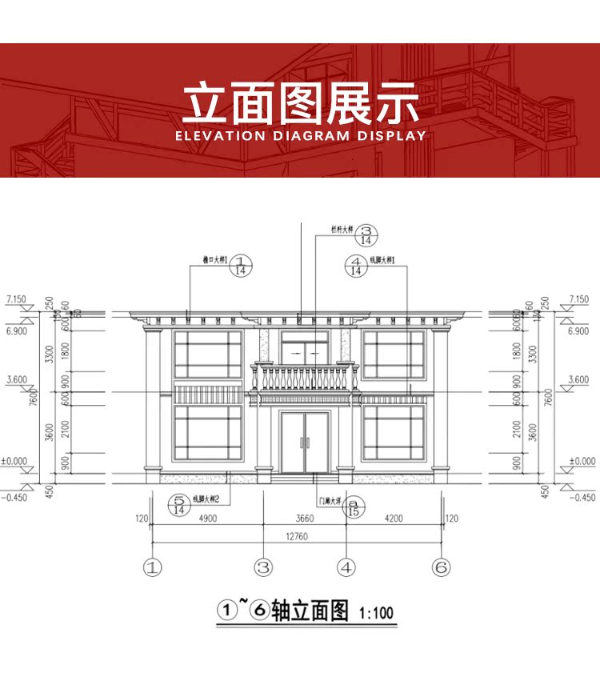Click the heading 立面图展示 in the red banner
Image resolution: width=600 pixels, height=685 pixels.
pos(300,102)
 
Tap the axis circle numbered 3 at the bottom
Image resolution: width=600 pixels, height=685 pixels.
pos(264,567)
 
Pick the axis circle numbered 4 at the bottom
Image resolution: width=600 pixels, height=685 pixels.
pos(346,567)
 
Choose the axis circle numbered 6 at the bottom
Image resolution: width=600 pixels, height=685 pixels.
pos(441,567)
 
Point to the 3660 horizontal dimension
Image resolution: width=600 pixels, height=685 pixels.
pos(305,519)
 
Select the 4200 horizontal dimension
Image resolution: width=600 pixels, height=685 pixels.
pos(393,519)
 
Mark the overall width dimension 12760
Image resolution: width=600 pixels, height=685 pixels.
pos(296,537)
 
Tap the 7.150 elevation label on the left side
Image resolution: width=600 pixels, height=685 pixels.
pos(16,299)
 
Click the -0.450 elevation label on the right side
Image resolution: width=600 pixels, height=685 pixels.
pos(581,497)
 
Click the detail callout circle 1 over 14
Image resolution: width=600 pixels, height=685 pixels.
pos(242,265)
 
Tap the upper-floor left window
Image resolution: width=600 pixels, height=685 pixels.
pos(207,354)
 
